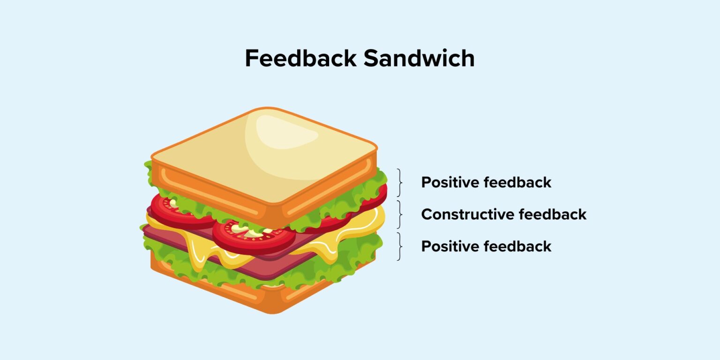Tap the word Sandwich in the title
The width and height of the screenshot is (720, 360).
(x=419, y=59)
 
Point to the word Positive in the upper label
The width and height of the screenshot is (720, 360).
(x=452, y=182)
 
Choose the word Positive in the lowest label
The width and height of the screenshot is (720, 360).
(x=452, y=246)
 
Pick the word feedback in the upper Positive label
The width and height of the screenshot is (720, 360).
(x=520, y=182)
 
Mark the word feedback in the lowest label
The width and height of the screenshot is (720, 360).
(x=520, y=246)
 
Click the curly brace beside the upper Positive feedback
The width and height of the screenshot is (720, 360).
(x=400, y=182)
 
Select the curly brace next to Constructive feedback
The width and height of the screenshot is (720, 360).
(x=400, y=214)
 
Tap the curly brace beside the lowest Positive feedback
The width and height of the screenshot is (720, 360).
(x=400, y=246)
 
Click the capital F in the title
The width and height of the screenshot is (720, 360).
(x=252, y=59)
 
